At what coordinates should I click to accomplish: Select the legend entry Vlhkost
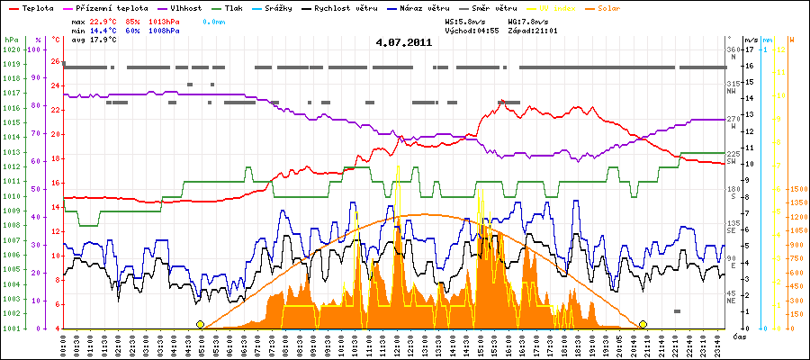point(180,7)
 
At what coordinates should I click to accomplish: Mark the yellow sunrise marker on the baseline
point(200,324)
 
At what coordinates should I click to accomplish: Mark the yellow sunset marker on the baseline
point(643,324)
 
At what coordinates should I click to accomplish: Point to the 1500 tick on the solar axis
point(796,189)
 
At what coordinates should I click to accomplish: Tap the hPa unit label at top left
point(11,40)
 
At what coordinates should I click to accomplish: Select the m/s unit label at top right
point(752,40)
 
